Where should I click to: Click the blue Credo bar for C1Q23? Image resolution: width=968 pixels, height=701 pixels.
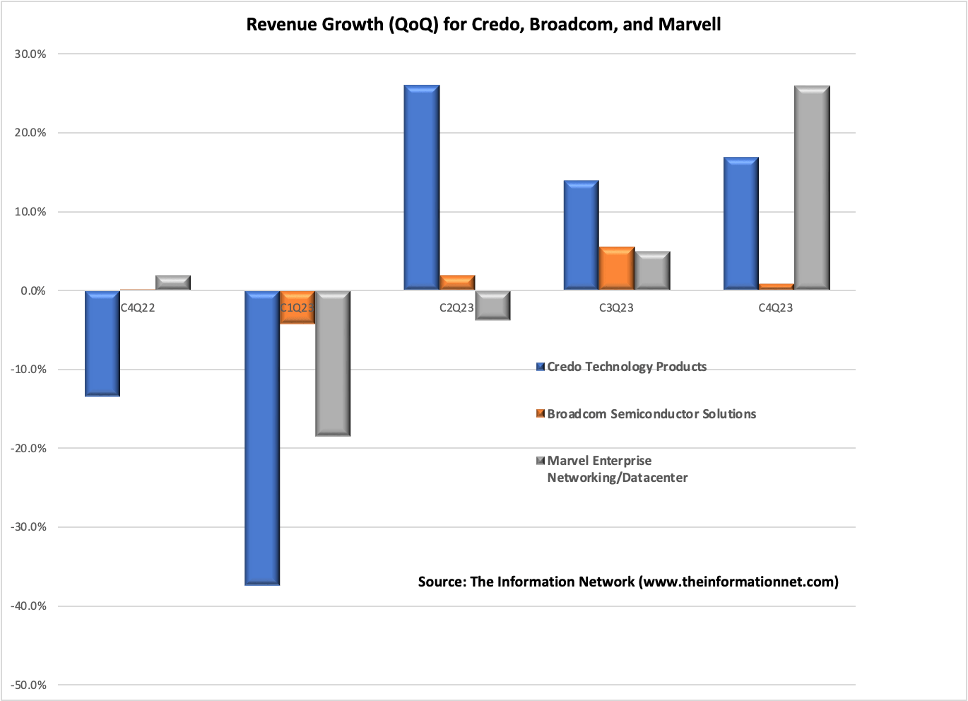coord(262,438)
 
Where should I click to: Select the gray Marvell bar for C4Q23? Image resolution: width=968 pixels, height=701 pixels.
coord(812,188)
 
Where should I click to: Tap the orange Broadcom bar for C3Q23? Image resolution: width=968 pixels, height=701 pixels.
coord(617,269)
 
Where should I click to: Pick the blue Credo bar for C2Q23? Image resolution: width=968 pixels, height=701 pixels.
coord(422,188)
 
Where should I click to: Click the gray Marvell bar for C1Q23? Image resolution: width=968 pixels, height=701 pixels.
coord(333,363)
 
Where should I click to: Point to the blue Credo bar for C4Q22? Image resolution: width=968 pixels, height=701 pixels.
coord(102,343)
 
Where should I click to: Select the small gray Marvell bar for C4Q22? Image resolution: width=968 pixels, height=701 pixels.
coord(173,283)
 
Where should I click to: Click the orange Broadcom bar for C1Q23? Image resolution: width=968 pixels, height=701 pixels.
coord(297,307)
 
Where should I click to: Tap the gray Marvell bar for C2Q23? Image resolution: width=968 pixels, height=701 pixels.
coord(492,305)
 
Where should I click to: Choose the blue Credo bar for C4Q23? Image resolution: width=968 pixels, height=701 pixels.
coord(741,223)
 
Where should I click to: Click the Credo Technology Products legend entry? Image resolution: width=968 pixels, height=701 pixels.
coord(622,367)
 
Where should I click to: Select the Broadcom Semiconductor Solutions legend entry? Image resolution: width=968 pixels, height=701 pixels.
coord(647,414)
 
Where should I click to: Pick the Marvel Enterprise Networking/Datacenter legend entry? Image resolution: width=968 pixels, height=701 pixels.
coord(612,469)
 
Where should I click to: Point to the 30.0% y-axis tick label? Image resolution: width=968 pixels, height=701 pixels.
coord(30,54)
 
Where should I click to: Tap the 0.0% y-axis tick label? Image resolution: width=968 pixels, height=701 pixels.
coord(33,291)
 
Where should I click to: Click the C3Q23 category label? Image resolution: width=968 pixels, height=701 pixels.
coord(616,308)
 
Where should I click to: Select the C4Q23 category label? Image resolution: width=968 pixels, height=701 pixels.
coord(776,308)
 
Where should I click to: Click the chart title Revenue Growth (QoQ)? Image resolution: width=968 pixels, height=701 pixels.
coord(483,25)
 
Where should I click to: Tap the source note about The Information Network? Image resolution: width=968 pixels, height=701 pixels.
coord(628,582)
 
